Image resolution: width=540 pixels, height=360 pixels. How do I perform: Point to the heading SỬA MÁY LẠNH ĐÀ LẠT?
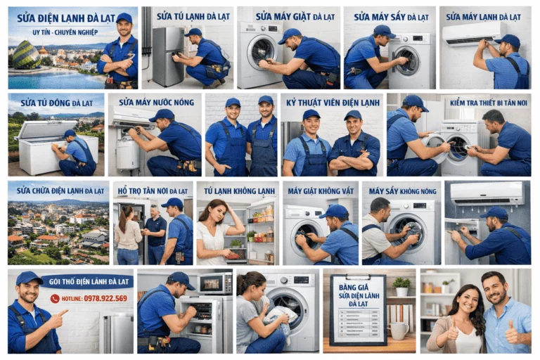(x=484, y=15)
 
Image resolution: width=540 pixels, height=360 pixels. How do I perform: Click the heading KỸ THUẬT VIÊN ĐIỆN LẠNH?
(x=332, y=103)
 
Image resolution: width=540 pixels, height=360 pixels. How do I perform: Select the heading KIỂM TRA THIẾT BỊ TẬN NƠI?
(x=488, y=103)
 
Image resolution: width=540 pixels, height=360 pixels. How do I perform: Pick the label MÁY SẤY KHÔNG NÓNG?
(x=401, y=191)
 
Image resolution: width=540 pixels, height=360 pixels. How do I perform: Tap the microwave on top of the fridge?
(x=214, y=283)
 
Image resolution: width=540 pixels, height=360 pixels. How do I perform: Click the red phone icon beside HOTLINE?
(x=55, y=298)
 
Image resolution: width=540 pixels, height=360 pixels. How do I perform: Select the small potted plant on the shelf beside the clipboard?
(x=401, y=285)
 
